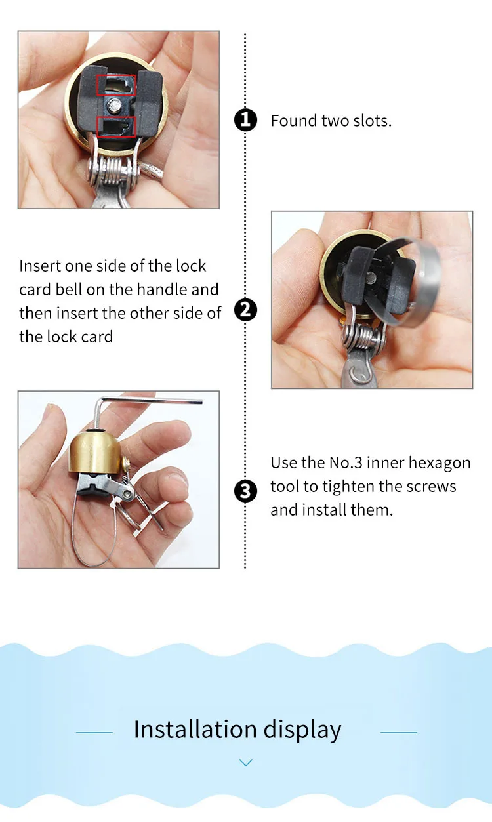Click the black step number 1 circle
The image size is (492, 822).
click(x=245, y=120)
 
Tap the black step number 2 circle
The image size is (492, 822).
click(x=245, y=310)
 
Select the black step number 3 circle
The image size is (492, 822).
click(x=245, y=491)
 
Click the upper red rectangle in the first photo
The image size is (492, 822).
click(x=116, y=85)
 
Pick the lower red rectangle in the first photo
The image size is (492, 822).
click(x=116, y=127)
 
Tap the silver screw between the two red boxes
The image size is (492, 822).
click(x=114, y=106)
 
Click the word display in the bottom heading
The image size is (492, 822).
click(x=302, y=731)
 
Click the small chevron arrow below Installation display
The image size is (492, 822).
click(x=245, y=762)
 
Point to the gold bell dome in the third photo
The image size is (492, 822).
click(x=94, y=453)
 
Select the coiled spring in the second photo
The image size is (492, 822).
click(x=363, y=338)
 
